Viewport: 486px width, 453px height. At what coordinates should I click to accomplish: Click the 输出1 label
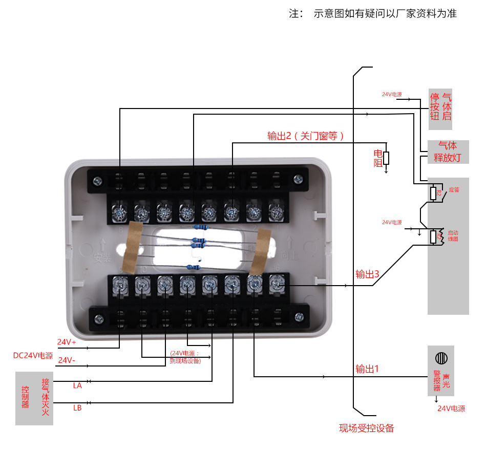tap(367, 369)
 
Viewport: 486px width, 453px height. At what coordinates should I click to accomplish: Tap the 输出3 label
tap(367, 274)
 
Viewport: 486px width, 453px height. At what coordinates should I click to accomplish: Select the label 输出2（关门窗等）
tap(306, 136)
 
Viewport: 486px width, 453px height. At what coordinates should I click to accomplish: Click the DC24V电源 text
tap(33, 355)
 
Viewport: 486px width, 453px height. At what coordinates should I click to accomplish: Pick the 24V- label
tap(67, 360)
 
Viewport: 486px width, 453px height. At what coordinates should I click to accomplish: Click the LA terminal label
tap(77, 385)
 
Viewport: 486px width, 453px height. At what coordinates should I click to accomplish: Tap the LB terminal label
tap(77, 408)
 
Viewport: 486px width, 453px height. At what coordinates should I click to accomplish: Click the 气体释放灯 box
tap(448, 152)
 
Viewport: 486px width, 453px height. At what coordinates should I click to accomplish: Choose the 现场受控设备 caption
tap(367, 428)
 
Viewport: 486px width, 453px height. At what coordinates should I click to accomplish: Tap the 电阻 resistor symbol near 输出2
tap(386, 158)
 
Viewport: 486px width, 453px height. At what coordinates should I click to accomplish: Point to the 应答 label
tap(454, 189)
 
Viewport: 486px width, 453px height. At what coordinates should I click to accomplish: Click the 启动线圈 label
tap(453, 235)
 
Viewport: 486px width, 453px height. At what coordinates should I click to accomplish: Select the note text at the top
tap(373, 14)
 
